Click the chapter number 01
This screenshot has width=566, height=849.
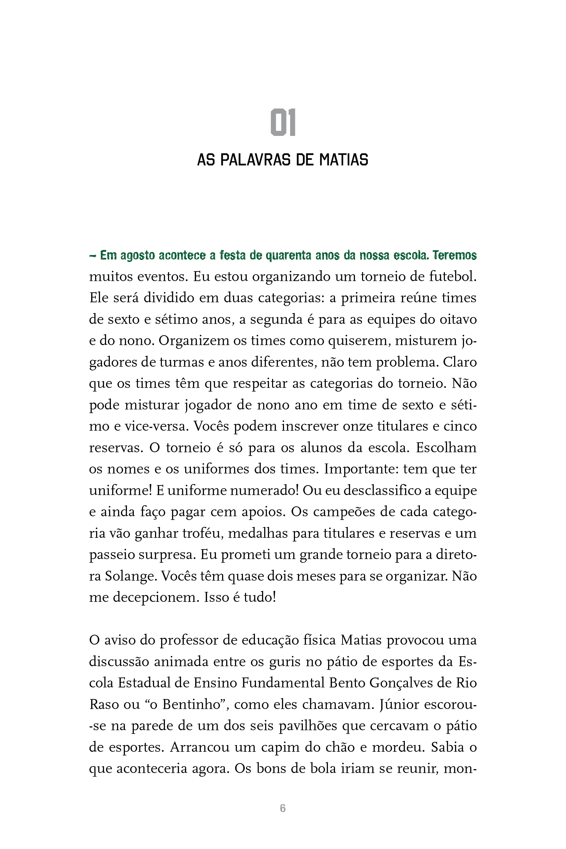(x=283, y=123)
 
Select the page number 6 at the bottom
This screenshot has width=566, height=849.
(x=283, y=808)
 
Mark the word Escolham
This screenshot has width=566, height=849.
(x=446, y=448)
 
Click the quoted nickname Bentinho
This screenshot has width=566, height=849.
(x=191, y=705)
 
